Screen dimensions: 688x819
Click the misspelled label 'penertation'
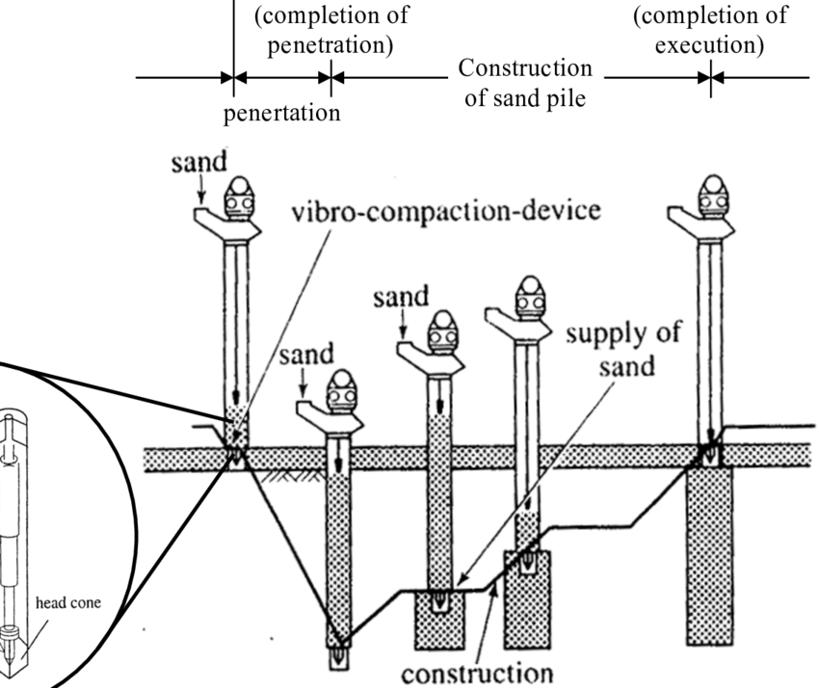(282, 113)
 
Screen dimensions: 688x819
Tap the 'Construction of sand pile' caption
(524, 84)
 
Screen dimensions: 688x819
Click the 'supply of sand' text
(622, 350)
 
